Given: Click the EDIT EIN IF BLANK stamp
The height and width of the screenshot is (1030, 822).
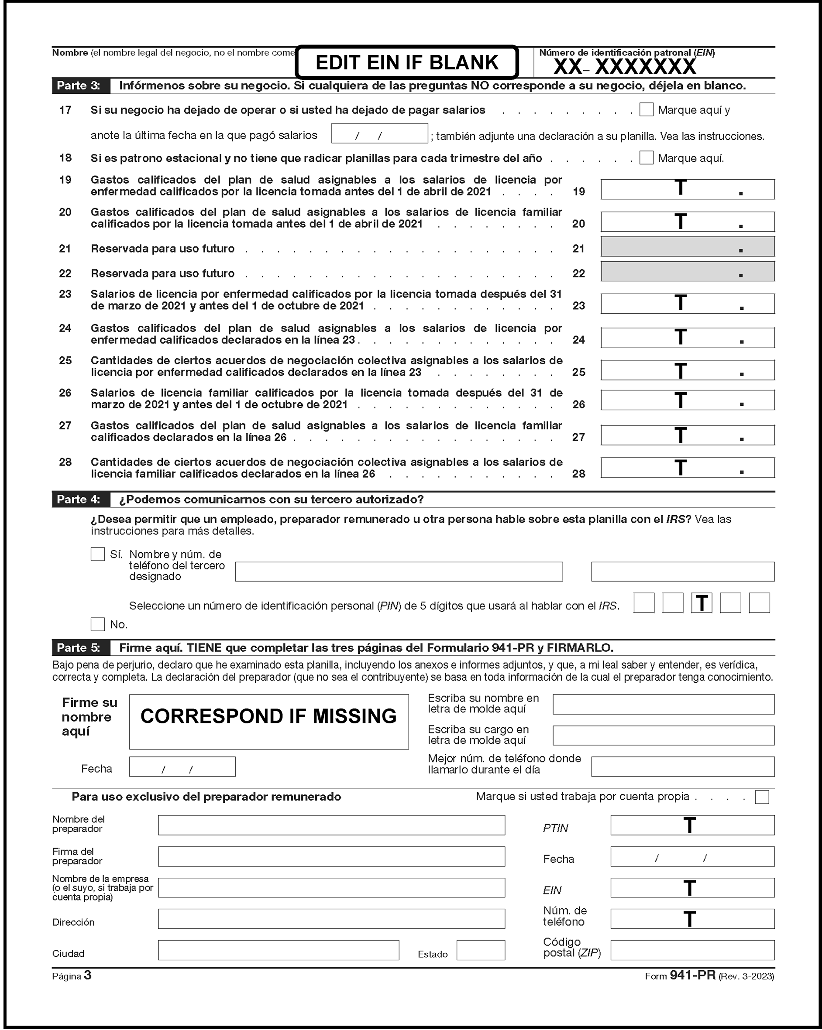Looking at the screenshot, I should coord(407,62).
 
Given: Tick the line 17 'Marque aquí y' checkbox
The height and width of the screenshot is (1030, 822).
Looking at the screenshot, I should coord(646,110).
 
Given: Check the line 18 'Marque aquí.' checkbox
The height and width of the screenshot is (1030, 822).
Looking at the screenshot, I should coord(646,157).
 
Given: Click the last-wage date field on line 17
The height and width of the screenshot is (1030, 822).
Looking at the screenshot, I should coord(379,133).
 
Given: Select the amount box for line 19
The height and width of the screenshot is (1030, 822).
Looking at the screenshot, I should coord(687,189).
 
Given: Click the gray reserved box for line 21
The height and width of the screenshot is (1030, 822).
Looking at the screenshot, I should coord(687,247).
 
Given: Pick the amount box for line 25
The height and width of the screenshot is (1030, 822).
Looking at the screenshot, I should coord(687,370).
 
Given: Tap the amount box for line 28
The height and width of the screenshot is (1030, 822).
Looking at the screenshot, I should coord(687,468).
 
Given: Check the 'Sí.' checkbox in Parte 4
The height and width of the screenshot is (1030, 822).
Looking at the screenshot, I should coord(97,554).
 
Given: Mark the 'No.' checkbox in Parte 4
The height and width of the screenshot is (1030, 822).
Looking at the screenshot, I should coord(97,624).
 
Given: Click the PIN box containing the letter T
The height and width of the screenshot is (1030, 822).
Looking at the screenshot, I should coord(702,603).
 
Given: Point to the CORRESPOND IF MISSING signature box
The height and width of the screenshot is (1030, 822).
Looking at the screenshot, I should coord(268,722).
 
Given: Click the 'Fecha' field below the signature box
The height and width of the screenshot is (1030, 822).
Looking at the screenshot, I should coord(182,767).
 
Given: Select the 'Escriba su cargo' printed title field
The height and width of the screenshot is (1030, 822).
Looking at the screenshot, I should coord(664,735).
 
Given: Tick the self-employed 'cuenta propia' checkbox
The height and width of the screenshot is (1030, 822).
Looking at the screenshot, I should coord(762,797).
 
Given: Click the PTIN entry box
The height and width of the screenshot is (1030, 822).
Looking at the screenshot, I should coord(692,825).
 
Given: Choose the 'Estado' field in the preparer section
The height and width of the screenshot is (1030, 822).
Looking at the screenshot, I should coord(480,950).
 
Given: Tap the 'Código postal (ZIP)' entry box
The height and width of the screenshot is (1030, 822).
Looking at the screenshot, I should coord(692,950).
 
